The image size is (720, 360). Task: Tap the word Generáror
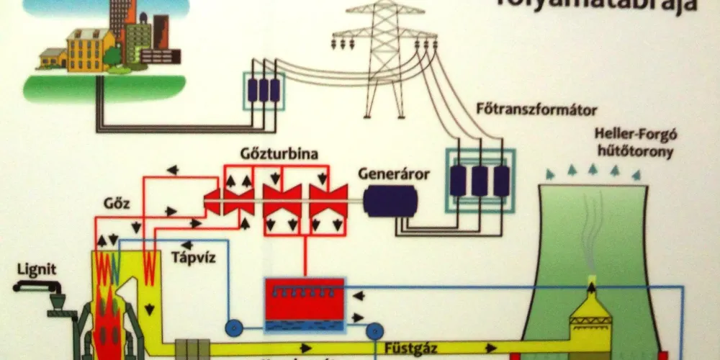coord(394,175)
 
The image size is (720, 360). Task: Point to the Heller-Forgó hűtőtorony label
coord(634,143)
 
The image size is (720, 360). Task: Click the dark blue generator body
coord(390,201)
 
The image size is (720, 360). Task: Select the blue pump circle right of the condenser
coord(374,331)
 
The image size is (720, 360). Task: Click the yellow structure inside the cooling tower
coord(590,317)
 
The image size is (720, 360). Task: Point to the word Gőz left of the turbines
coord(117,203)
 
